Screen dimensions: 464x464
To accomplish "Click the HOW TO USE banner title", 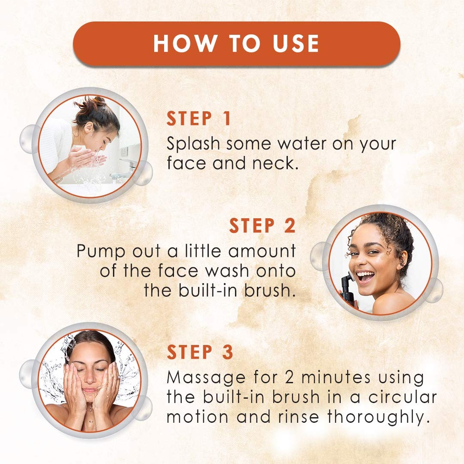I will pos(236,43).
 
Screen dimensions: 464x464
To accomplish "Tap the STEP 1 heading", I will pos(199,119).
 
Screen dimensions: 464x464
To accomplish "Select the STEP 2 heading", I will pos(262,226).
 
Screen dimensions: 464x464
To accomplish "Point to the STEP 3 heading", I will pos(200,353).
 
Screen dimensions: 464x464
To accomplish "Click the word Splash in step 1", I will pos(193,144).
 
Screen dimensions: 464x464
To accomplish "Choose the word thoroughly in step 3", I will pos(378,417).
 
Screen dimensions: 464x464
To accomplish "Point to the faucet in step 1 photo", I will pos(127,162).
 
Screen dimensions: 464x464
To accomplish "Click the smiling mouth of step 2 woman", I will pos(365,276).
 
